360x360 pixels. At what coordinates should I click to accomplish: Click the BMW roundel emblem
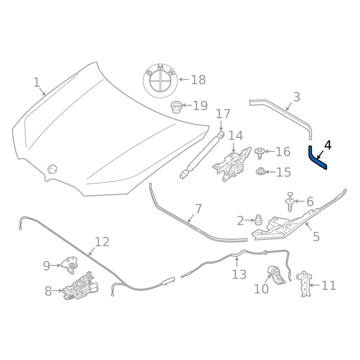click(x=160, y=80)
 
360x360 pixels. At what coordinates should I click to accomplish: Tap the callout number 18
click(x=198, y=80)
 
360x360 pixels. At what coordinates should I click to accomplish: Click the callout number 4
click(x=328, y=145)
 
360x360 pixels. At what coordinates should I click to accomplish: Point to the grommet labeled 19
click(x=176, y=107)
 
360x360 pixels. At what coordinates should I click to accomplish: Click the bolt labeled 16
click(x=260, y=153)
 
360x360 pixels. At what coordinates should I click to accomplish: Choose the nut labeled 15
click(x=260, y=171)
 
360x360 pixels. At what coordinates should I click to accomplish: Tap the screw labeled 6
click(x=290, y=202)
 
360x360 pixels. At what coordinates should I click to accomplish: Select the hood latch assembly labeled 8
click(x=81, y=287)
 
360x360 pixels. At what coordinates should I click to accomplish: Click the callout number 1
click(x=36, y=83)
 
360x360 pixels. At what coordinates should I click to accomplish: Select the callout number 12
click(x=102, y=242)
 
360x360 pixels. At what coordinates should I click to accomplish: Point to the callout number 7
click(x=198, y=209)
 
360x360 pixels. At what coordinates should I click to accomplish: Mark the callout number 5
click(x=316, y=236)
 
